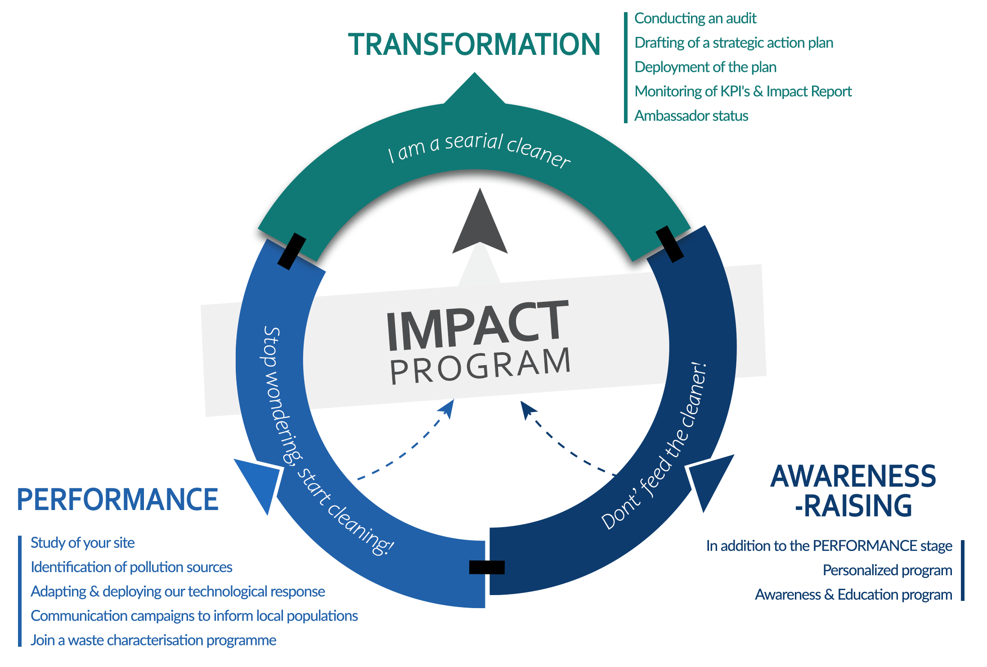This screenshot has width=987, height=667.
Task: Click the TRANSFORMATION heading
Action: [474, 44]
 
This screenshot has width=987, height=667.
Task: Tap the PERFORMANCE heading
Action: [118, 500]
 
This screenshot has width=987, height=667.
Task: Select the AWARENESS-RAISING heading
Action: [853, 491]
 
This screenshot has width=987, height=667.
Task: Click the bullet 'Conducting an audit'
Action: [695, 18]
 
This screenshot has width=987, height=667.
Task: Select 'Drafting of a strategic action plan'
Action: [734, 43]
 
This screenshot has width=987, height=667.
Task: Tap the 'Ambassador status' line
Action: [691, 116]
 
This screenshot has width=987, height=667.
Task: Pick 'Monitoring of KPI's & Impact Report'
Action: [743, 91]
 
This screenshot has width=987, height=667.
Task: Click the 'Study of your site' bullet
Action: [83, 543]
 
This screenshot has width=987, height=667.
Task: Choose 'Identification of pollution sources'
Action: [131, 567]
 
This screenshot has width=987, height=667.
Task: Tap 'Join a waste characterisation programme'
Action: [153, 640]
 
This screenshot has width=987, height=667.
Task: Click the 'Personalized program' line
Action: [887, 570]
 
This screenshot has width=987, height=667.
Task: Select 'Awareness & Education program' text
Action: [853, 595]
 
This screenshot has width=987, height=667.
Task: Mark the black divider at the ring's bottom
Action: [487, 567]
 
